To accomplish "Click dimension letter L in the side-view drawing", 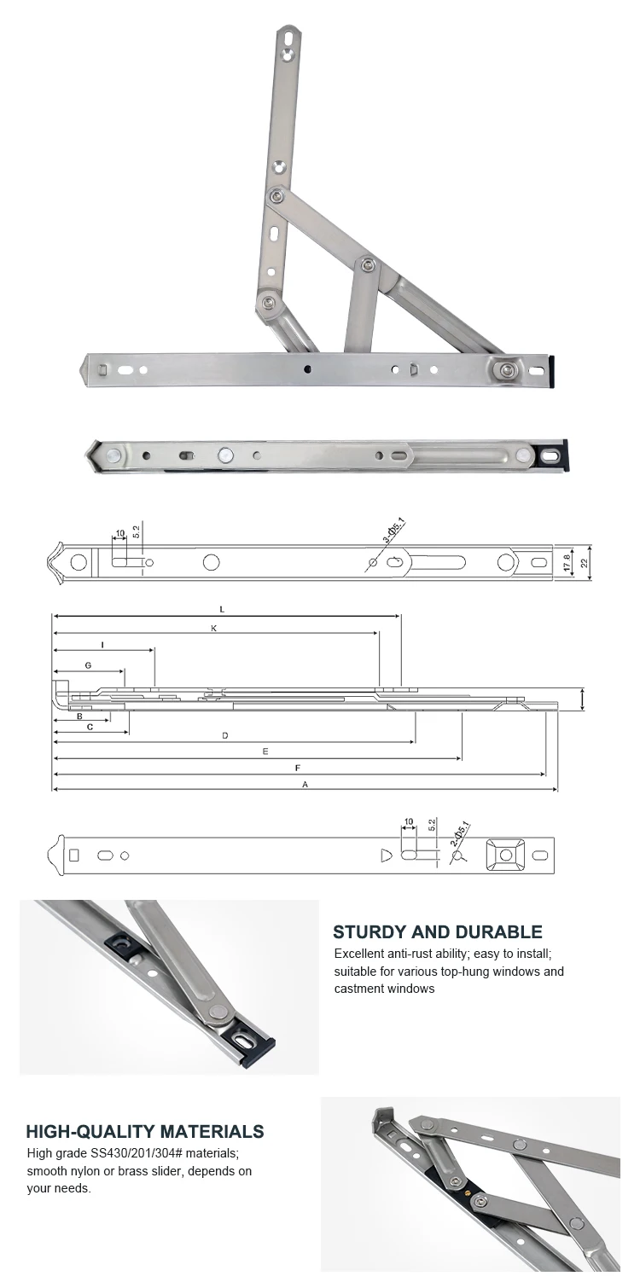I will pyautogui.click(x=222, y=609).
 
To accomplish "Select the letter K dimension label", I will pyautogui.click(x=213, y=628).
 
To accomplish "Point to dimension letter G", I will pyautogui.click(x=88, y=664).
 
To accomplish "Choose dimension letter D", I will pyautogui.click(x=225, y=735).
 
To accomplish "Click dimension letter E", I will pyautogui.click(x=266, y=751).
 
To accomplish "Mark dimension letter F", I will pyautogui.click(x=298, y=768).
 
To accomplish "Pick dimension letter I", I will pyautogui.click(x=102, y=645).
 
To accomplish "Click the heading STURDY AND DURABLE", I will pyautogui.click(x=437, y=932).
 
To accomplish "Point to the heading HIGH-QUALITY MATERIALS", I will pyautogui.click(x=145, y=1132).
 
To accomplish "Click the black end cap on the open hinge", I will pyautogui.click(x=555, y=369).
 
